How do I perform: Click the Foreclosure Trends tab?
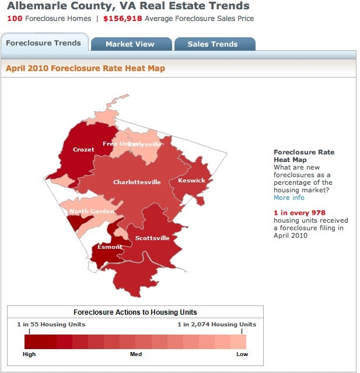44,43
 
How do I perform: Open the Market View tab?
130,44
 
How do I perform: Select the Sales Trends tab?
213,44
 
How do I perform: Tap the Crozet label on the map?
83,150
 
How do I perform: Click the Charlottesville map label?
137,182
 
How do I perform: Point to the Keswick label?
192,181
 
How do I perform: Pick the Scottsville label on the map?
152,238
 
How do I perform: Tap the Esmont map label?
110,247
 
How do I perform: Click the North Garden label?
92,212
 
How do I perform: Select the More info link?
289,198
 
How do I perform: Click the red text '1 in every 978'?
299,213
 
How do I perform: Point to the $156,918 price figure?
123,19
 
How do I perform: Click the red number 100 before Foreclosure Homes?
15,19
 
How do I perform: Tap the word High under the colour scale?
29,354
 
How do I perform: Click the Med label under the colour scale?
135,354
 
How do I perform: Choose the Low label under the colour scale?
242,354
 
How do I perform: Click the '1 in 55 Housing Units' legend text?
51,325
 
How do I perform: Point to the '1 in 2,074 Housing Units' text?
217,325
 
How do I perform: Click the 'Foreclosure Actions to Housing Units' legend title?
135,312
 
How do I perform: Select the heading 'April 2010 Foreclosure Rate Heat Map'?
85,68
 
